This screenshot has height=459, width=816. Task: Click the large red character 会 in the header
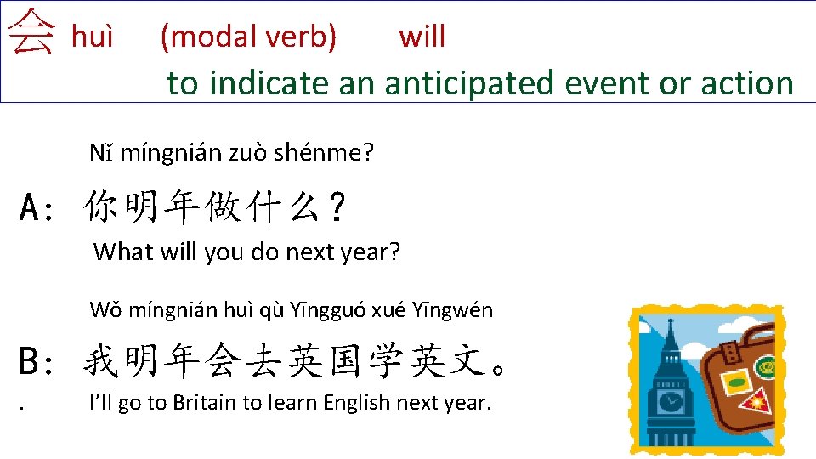coord(31,31)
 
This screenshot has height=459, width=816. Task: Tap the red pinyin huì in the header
coord(92,37)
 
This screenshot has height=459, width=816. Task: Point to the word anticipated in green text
coord(468,83)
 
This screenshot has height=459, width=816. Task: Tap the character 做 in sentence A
coord(223,206)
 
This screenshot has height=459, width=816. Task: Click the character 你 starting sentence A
coord(101,206)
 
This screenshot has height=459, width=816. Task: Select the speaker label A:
coord(36,207)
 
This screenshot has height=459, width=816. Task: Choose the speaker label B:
coord(36,361)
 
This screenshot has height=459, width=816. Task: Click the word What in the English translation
coord(123,252)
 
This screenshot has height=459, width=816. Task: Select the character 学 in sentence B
coord(386,360)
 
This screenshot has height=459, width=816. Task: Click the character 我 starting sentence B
coord(101,360)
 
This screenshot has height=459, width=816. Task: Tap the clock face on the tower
coord(671,401)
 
